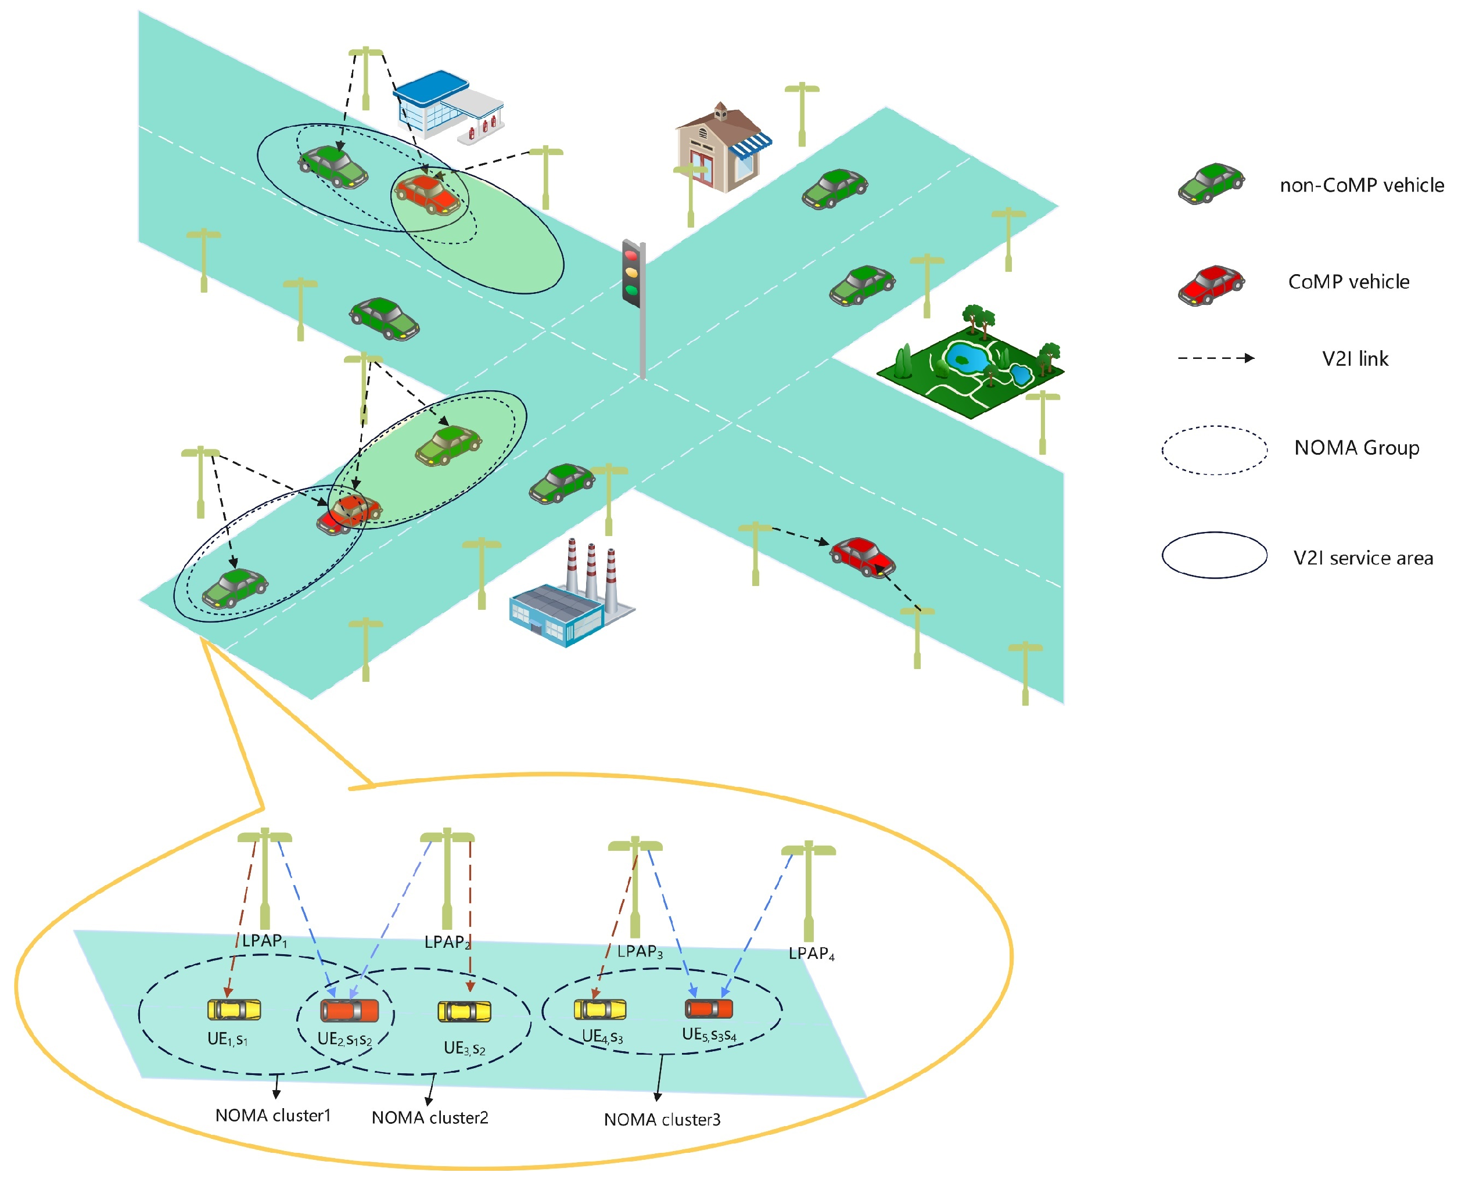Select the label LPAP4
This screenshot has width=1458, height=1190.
[x=811, y=954]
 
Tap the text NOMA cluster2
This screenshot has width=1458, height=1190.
[x=430, y=1118]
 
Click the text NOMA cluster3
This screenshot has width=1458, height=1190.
[x=662, y=1120]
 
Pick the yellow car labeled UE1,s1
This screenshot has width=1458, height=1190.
[x=235, y=1010]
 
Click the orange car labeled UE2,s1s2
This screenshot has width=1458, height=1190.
[x=350, y=1011]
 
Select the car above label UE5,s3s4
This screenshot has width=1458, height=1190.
[x=709, y=1008]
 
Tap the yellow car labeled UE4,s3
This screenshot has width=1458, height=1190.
[x=600, y=1010]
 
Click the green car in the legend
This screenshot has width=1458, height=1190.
[x=1211, y=184]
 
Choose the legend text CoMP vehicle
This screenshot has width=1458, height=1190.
[x=1348, y=282]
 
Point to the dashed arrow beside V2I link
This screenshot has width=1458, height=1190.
[x=1216, y=358]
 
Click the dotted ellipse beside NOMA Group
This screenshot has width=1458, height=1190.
[x=1214, y=450]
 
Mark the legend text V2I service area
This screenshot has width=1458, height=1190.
[x=1363, y=559]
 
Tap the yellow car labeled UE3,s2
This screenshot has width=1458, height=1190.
[x=465, y=1012]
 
